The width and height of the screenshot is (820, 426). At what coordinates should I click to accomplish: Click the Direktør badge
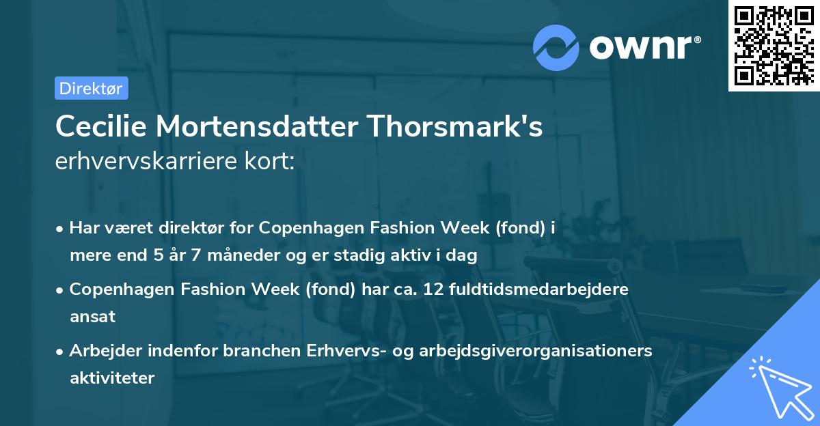coord(91,88)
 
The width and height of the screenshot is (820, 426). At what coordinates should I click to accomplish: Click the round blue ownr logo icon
coord(556,47)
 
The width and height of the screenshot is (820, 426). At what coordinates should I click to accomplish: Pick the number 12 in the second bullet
coord(432,289)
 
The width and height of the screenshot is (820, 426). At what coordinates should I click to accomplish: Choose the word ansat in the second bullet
coord(92,316)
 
